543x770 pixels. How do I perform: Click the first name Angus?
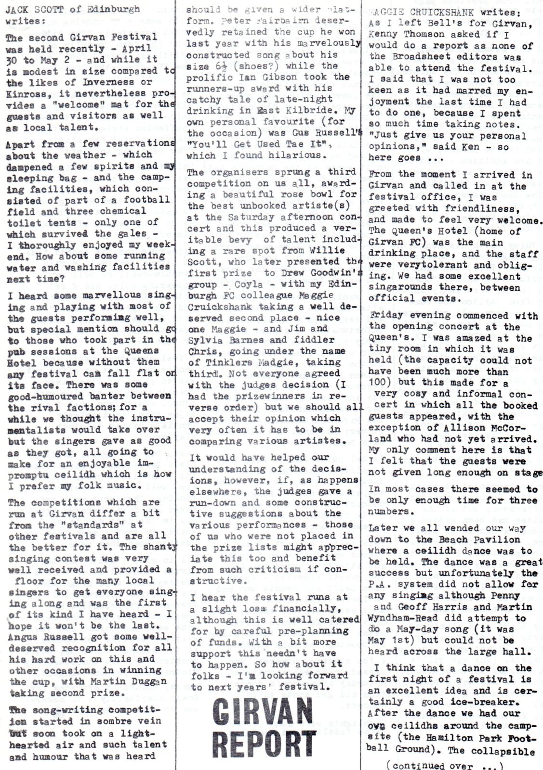coord(22,636)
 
